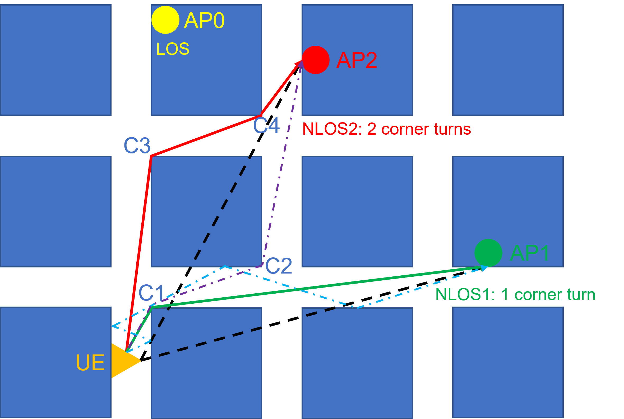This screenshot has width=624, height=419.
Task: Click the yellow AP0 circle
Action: (165, 20)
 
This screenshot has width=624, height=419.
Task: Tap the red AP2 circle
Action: (316, 60)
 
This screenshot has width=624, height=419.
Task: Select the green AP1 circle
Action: (488, 253)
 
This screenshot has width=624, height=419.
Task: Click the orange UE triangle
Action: (123, 361)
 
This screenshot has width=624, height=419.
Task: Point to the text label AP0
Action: (204, 21)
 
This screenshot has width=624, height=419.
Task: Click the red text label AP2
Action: (357, 60)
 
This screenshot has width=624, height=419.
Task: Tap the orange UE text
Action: (90, 363)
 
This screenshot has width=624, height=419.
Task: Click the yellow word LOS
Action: (173, 49)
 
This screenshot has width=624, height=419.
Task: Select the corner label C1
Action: (151, 293)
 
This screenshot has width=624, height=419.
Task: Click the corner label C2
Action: (279, 266)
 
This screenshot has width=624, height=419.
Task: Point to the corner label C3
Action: (137, 146)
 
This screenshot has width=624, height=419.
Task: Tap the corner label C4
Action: (266, 125)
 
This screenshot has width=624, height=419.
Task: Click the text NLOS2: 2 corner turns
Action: (386, 129)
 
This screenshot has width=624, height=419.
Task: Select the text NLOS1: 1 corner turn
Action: (515, 295)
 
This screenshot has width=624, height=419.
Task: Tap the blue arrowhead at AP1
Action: (484, 268)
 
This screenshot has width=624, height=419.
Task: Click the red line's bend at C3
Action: (151, 156)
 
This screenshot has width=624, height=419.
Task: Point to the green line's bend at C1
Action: (152, 307)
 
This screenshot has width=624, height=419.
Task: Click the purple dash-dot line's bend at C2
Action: (263, 265)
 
